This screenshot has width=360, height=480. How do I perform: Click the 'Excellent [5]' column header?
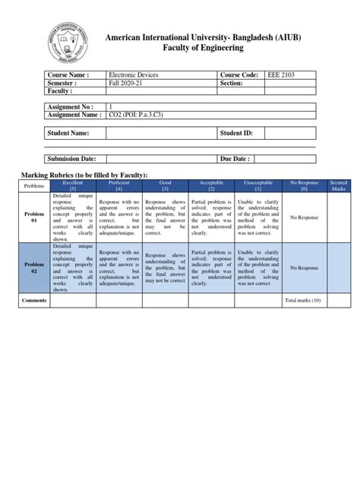coord(74,185)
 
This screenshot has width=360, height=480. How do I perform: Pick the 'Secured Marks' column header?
coord(337,185)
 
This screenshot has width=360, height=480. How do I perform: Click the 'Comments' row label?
coord(34,301)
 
